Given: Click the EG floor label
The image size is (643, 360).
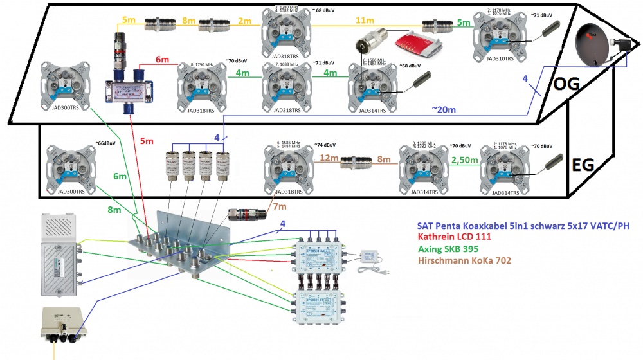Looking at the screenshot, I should point(583,166).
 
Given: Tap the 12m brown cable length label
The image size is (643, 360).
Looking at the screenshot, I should point(329,158).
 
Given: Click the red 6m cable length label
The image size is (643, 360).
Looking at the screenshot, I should point(162,60).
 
